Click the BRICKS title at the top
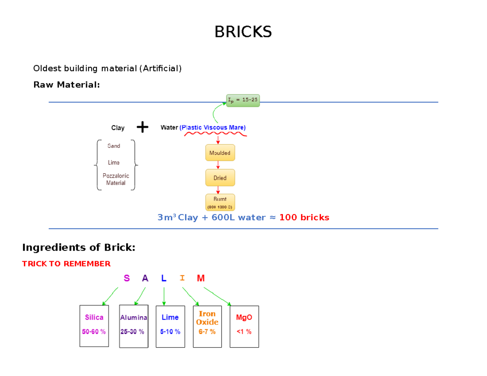coord(243,32)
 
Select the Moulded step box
coord(220,153)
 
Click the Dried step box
coord(220,178)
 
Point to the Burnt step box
coord(220,202)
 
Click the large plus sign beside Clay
coord(142,128)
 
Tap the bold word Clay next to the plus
coord(118,128)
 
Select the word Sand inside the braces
coord(114,146)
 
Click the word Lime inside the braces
coord(114,162)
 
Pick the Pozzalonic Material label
coord(116,179)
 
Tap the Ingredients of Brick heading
coord(78,247)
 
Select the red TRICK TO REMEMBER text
coord(66,264)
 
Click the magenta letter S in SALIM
coord(127,278)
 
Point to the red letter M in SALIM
coord(201,278)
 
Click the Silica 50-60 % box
coord(94,326)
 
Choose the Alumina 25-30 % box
coord(134,326)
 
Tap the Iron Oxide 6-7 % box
coord(207,326)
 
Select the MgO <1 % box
coord(244,326)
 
